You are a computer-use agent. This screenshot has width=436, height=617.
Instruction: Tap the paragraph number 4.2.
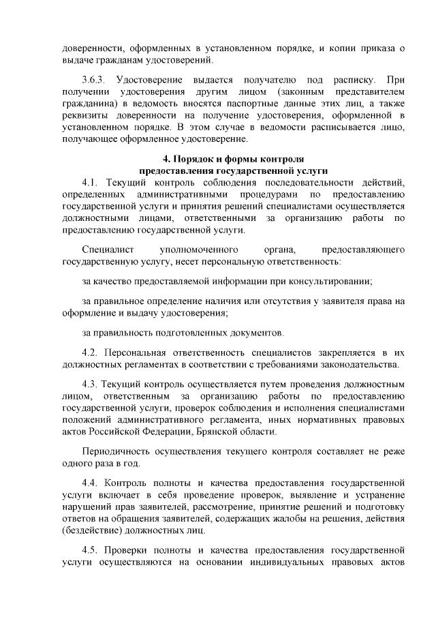[91, 352]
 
